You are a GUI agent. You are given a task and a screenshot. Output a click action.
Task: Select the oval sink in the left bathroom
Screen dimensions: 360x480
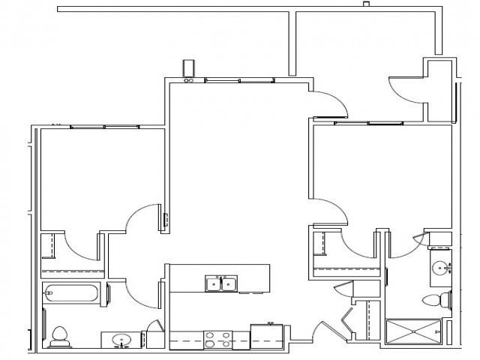click(x=122, y=341)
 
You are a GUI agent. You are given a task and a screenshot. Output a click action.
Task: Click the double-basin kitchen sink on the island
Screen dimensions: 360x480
click(x=222, y=283)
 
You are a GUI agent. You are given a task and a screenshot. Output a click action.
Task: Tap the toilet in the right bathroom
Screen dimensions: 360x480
click(x=435, y=301)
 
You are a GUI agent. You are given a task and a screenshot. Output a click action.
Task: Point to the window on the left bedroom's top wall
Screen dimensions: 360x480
click(x=104, y=127)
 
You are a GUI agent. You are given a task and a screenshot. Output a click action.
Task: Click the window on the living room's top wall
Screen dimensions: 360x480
click(x=238, y=79)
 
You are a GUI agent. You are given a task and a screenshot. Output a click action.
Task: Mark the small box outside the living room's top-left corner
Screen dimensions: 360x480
click(x=190, y=67)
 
